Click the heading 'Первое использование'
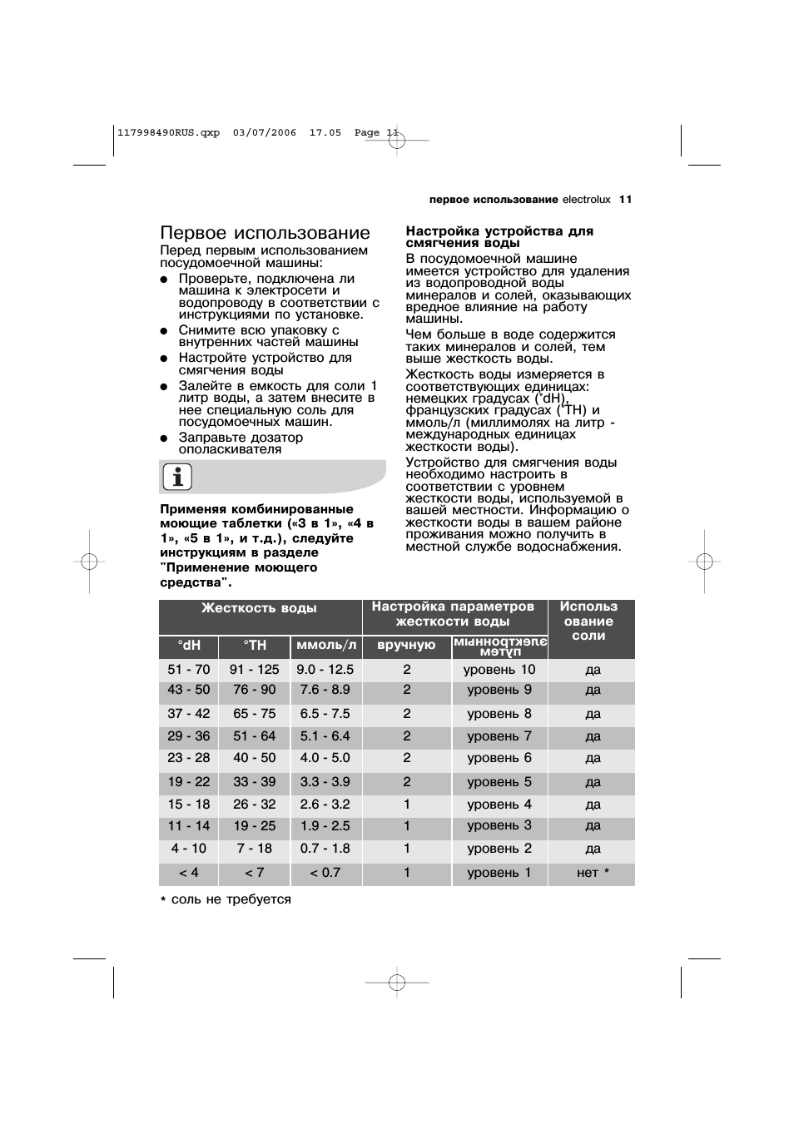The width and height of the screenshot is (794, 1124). coord(265,233)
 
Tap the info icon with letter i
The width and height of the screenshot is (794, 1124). coord(177,478)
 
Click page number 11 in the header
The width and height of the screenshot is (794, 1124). coord(626,200)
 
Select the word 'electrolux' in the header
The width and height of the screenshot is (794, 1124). coord(586,200)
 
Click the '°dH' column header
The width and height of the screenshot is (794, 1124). coord(189,646)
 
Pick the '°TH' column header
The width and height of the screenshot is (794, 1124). coord(255,646)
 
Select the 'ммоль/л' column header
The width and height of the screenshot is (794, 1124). coord(326,646)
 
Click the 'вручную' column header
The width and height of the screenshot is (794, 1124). coord(406,646)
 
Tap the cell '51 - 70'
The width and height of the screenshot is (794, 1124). coord(189,670)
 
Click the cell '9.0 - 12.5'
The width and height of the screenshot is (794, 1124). coord(325,670)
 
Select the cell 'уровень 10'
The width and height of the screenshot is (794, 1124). coord(499,670)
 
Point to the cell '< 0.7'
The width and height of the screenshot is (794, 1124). coord(325,873)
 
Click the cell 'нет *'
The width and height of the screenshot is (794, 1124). coord(593,873)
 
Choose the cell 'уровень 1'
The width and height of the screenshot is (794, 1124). coord(499,873)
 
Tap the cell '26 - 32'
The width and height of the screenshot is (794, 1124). coord(255,805)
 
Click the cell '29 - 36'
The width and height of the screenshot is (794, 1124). coord(189,736)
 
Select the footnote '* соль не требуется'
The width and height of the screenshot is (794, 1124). coord(226,899)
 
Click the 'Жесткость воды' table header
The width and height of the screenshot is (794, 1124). coord(259,608)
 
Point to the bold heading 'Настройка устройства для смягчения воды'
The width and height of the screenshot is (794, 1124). coord(499,237)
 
